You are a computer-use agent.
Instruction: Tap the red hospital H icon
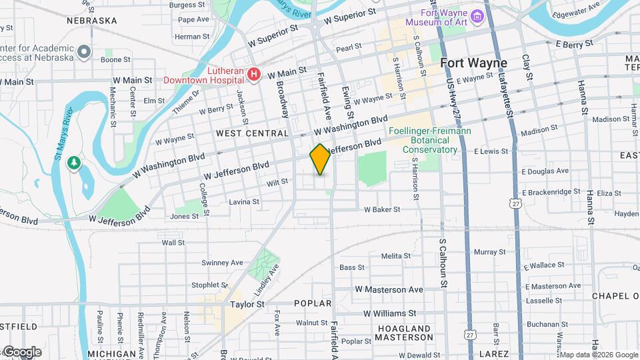253,75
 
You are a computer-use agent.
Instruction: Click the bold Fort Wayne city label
473,63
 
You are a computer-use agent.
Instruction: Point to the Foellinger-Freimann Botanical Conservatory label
430,141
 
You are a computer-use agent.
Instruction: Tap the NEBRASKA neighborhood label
92,21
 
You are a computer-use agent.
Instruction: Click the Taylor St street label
247,303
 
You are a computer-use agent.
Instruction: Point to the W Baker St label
381,209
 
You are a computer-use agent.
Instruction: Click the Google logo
22,352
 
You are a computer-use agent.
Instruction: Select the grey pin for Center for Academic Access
83,51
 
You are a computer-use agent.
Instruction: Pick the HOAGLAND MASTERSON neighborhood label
405,333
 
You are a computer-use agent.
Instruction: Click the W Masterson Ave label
389,290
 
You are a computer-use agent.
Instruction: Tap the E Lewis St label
491,152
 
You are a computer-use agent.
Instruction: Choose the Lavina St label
244,201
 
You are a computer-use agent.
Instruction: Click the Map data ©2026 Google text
598,354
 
